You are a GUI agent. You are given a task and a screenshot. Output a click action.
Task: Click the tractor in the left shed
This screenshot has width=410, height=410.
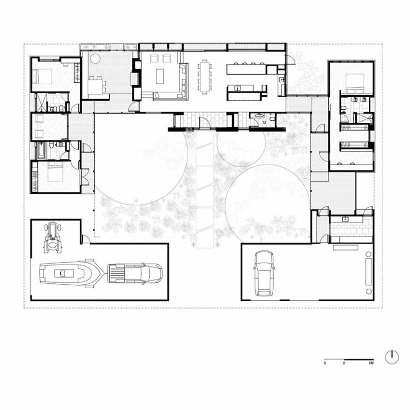pyautogui.click(x=52, y=238)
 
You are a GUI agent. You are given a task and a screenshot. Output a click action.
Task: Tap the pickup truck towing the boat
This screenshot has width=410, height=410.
pyautogui.click(x=135, y=273)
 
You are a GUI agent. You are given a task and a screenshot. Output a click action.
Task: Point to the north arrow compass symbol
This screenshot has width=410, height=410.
pyautogui.click(x=392, y=357)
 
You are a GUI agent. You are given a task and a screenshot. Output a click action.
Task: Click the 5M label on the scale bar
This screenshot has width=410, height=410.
pyautogui.click(x=371, y=362)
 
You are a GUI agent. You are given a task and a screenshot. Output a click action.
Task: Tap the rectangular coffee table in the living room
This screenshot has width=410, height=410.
pyautogui.click(x=161, y=76)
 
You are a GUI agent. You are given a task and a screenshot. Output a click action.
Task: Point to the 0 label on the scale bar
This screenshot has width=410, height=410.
pyautogui.click(x=325, y=362)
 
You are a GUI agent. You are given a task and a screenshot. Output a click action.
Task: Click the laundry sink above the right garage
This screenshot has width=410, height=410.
pyautogui.click(x=345, y=219)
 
